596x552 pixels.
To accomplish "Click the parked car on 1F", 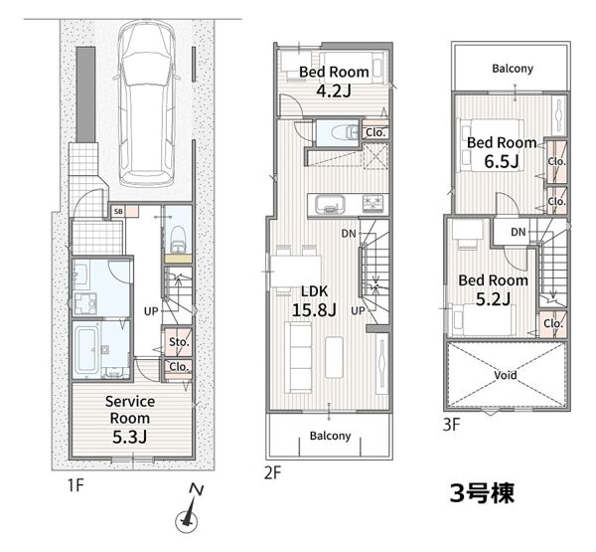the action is click(x=147, y=103).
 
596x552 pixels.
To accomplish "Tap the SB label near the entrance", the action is click(x=118, y=211).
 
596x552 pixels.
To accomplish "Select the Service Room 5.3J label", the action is click(x=130, y=419).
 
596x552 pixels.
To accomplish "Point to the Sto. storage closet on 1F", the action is click(x=178, y=341).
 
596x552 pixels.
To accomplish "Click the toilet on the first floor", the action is click(x=178, y=240).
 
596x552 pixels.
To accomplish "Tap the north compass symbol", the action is click(x=189, y=509).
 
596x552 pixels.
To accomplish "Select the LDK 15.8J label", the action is click(x=314, y=301).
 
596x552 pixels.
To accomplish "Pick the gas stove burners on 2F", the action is click(x=374, y=204).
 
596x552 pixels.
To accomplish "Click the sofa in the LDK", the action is click(x=298, y=357).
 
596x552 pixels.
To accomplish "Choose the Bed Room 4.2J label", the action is click(x=334, y=82).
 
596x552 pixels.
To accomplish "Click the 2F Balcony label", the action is click(x=330, y=436).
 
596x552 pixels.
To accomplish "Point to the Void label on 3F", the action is click(x=506, y=375).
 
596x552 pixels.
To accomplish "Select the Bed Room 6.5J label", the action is click(x=502, y=152).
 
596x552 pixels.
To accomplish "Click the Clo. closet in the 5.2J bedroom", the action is click(x=552, y=324).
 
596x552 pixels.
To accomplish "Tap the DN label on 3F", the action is click(x=519, y=232).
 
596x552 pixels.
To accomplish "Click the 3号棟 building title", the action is click(x=482, y=493).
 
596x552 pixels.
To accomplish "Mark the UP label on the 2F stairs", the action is click(x=358, y=310).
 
